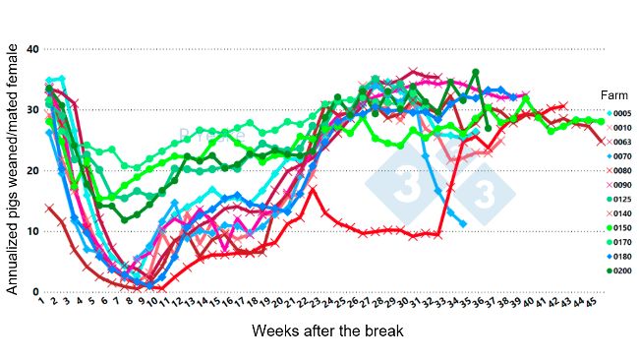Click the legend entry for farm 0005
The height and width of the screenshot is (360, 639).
[620, 113]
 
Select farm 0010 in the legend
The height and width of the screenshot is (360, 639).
[620, 128]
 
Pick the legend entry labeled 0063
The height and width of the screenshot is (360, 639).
[620, 142]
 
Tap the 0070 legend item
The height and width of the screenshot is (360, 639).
[620, 156]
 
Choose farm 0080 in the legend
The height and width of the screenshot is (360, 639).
[620, 170]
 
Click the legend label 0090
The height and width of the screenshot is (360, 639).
[620, 185]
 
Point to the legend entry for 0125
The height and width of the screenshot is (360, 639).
[620, 199]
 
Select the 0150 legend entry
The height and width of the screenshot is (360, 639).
[620, 227]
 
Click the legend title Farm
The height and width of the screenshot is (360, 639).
[614, 94]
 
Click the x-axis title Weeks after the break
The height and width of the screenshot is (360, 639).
[327, 331]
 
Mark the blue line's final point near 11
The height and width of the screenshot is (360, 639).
[463, 224]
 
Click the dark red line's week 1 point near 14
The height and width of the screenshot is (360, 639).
[49, 208]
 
